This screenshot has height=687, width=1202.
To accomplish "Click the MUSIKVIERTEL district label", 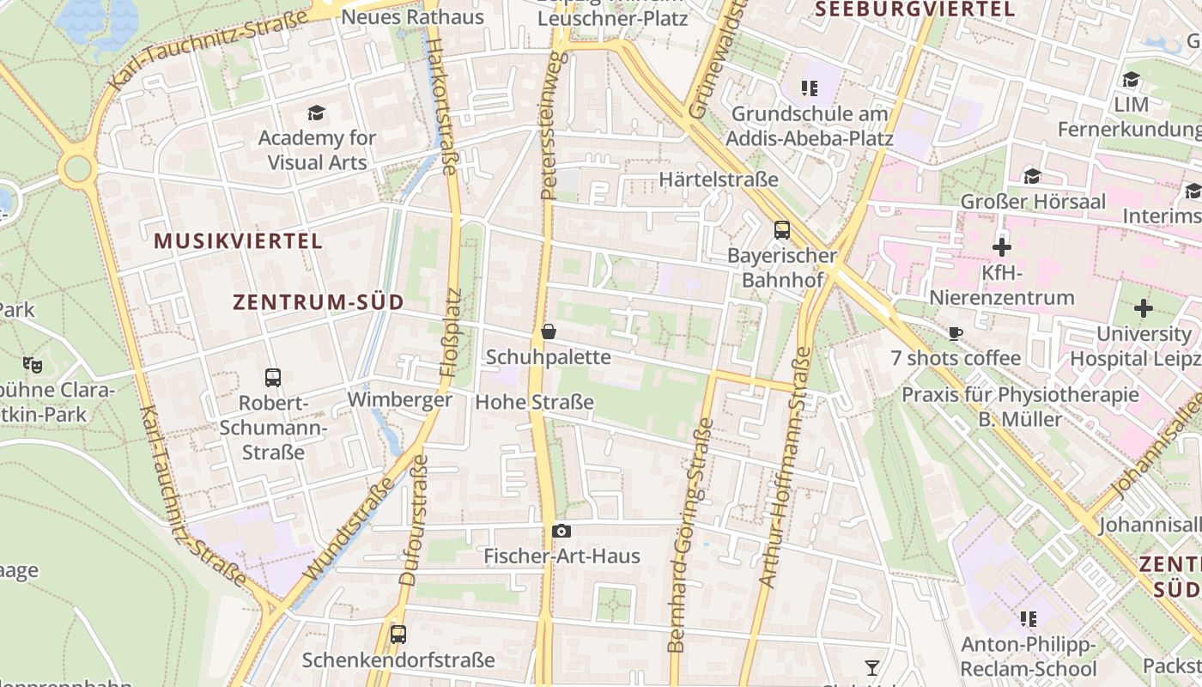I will click(239, 241).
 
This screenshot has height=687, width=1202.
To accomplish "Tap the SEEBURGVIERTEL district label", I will click(914, 9).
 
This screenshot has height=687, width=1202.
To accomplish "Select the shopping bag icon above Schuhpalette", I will click(549, 331).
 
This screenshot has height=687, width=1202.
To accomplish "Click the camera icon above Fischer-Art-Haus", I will click(562, 531).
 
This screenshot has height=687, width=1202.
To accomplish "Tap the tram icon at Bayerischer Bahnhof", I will click(781, 229).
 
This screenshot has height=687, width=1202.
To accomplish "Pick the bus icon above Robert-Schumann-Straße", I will click(273, 377).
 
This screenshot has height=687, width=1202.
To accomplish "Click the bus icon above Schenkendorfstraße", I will click(398, 635).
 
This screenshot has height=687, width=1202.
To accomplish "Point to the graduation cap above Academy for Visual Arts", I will click(317, 112).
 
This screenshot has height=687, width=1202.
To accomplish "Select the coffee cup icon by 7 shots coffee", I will click(956, 333).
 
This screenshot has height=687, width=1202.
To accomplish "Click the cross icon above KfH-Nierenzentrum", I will click(1001, 248).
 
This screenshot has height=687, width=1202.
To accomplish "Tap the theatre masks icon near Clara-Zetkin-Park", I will click(33, 364).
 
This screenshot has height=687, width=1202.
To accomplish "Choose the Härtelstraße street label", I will click(719, 179).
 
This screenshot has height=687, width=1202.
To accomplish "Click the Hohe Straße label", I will click(534, 402).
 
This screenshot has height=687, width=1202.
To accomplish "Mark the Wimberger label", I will click(399, 400).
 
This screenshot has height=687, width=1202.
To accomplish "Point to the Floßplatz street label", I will click(451, 333).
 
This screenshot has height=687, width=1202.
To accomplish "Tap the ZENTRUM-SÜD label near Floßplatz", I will click(319, 302).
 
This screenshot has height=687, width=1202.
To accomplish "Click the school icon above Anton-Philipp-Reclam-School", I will click(1028, 619).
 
